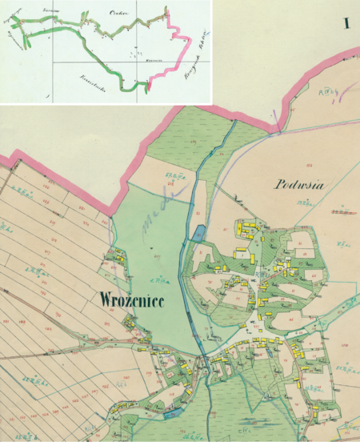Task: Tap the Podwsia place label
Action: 298,183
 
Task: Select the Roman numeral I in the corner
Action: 347,23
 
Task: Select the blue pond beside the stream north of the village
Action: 198,234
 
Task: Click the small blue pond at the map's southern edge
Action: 170,416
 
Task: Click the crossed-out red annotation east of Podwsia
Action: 344,214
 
